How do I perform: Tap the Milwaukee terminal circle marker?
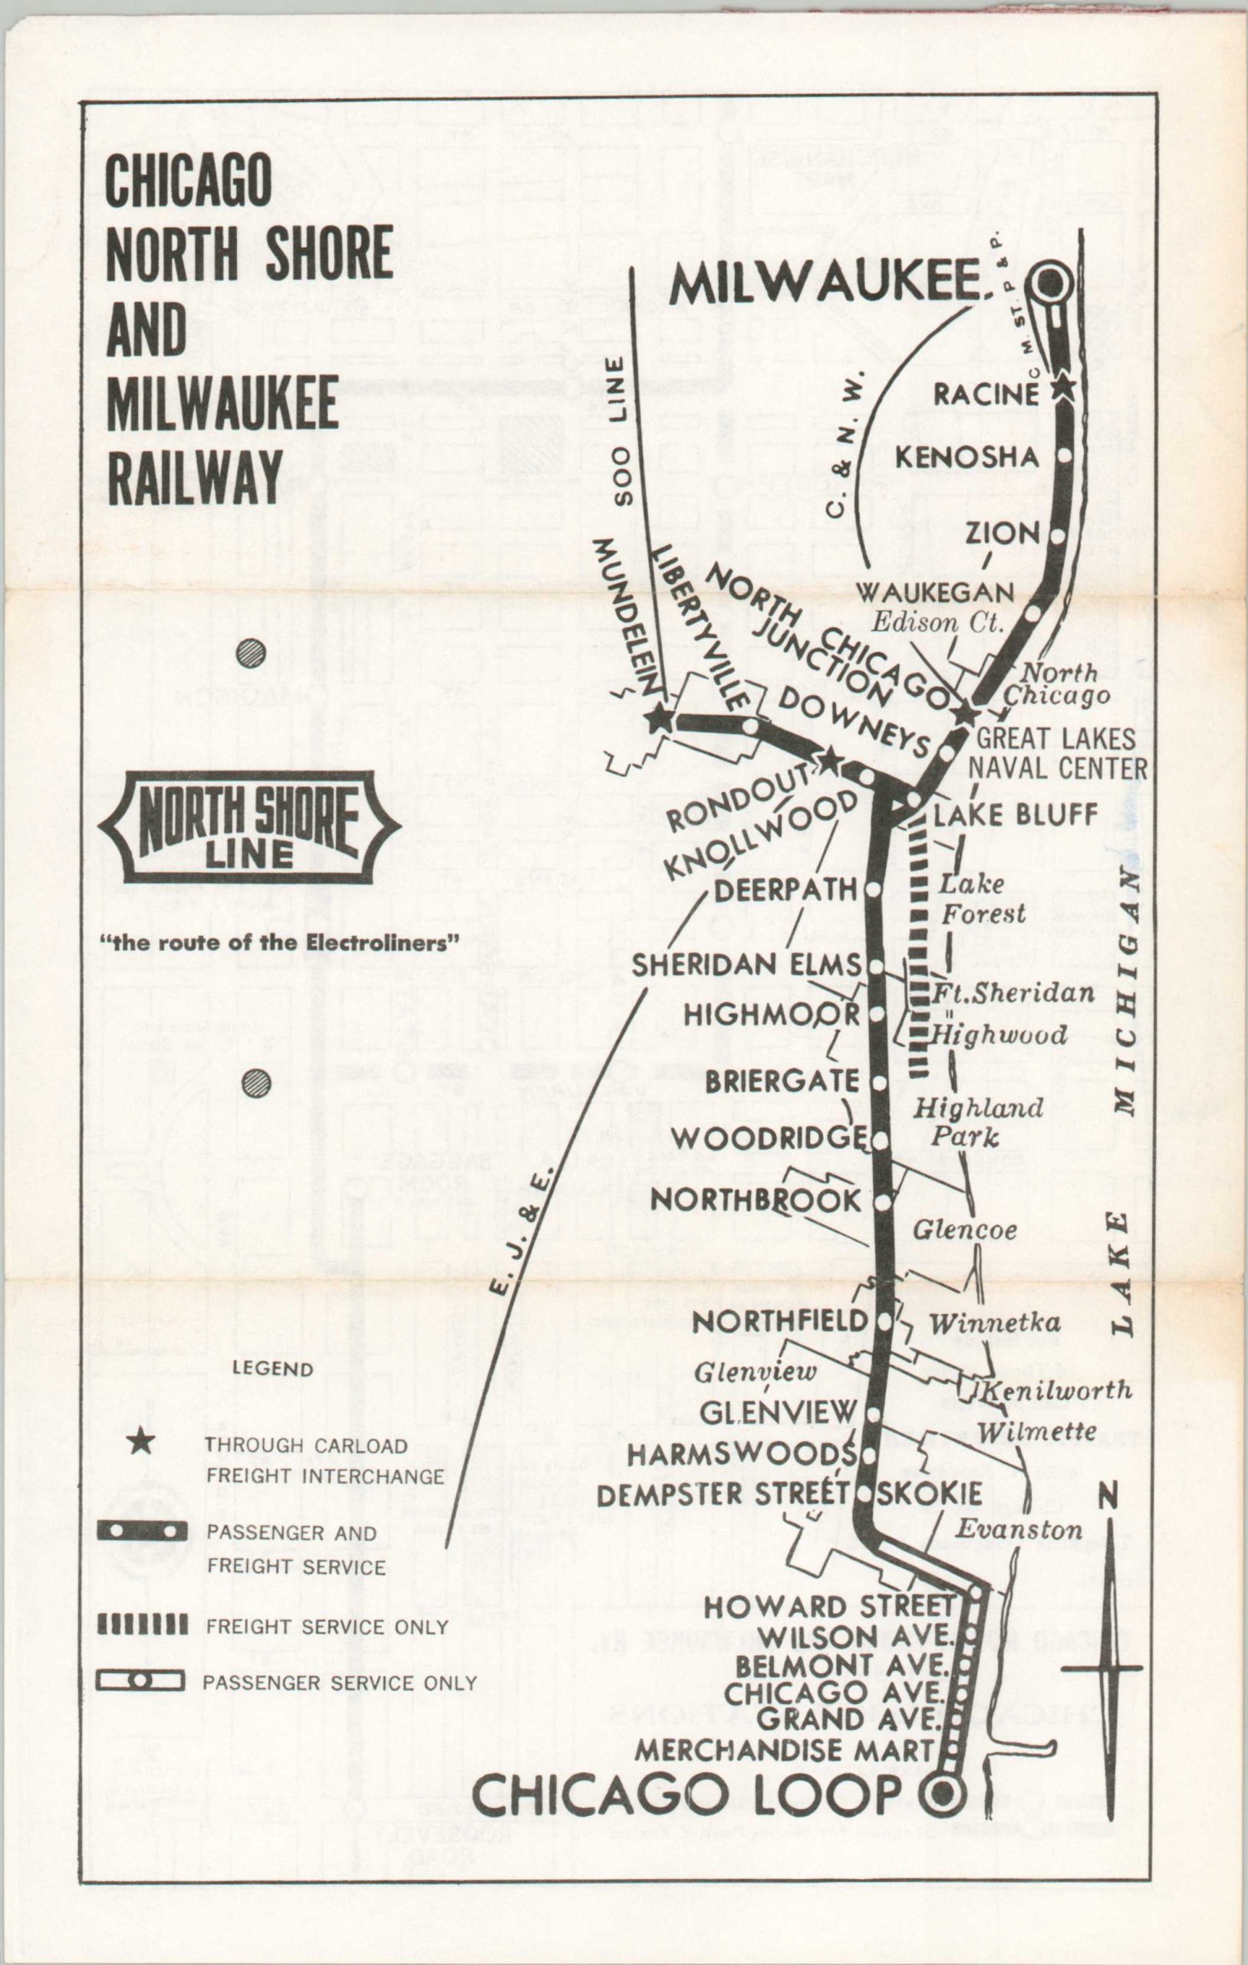[1051, 283]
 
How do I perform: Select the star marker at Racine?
[1062, 387]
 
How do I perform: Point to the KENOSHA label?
[966, 457]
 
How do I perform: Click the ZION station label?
[1003, 533]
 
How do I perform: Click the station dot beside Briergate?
[878, 1083]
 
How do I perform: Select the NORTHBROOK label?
[756, 1200]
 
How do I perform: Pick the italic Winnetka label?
[994, 1323]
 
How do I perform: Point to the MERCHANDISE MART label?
[784, 1749]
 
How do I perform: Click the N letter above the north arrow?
[1108, 1495]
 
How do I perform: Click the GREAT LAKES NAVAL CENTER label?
[1056, 753]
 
